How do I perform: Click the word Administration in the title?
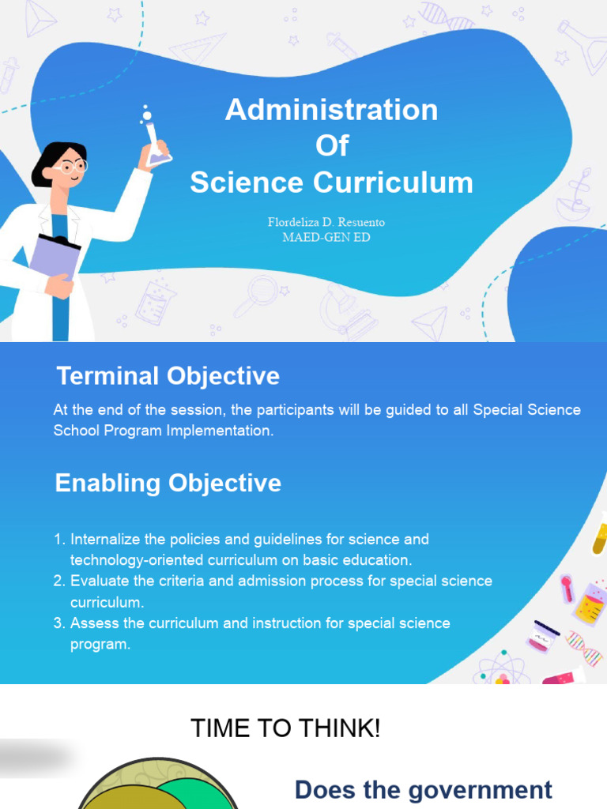[x=331, y=110]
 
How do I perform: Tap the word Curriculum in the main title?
[x=393, y=182]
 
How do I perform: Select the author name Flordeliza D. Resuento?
[x=326, y=222]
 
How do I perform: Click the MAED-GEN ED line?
[x=326, y=237]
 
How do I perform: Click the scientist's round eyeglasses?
[x=72, y=166]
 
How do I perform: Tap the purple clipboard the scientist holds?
[x=55, y=258]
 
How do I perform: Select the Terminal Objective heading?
[x=168, y=375]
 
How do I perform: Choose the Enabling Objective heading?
[x=168, y=484]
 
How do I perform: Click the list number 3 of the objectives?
[x=58, y=623]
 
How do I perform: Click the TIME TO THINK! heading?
[x=285, y=728]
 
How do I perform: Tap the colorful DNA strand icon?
[x=584, y=648]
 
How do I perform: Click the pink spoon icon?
[x=567, y=588]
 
